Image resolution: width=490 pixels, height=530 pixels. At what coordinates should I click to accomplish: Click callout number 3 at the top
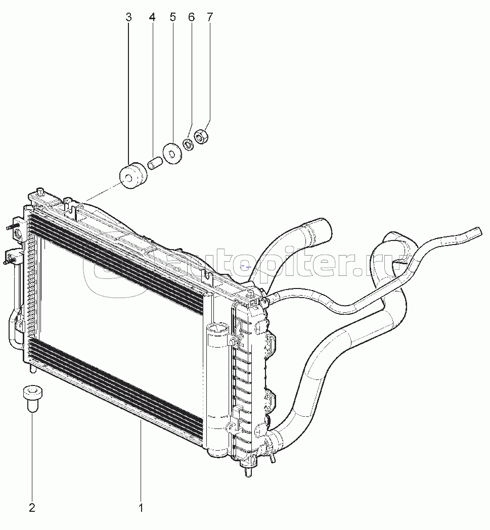click(x=128, y=17)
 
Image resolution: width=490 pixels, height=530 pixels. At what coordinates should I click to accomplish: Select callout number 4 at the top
click(x=152, y=17)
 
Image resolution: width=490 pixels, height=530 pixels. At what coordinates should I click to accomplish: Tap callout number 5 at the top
click(x=173, y=17)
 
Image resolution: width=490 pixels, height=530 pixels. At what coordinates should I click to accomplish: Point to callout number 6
click(x=192, y=17)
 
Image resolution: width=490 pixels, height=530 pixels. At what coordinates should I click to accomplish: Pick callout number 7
click(x=210, y=17)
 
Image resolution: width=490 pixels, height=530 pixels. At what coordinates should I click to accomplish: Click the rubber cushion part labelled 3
click(x=133, y=175)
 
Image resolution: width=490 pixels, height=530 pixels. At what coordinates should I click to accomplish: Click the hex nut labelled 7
click(x=201, y=136)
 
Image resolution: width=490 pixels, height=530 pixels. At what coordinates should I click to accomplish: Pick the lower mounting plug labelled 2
click(x=32, y=399)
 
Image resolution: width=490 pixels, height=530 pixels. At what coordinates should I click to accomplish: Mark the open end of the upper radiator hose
click(x=323, y=229)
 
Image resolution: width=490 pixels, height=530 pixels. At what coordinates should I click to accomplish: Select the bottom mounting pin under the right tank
click(x=249, y=471)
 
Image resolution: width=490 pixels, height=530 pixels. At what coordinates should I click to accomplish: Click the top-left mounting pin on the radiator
click(x=41, y=191)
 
